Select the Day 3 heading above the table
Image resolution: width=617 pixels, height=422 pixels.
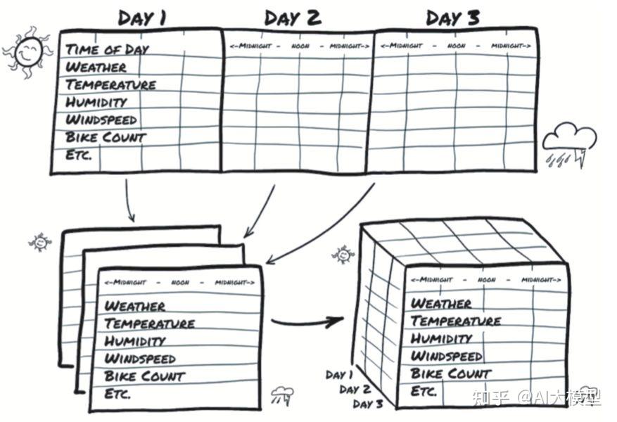pos(453,18)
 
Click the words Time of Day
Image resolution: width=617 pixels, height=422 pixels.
pos(108,49)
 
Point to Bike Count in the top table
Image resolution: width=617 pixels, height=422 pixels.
pos(106,137)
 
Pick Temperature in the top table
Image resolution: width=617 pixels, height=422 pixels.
pos(110,84)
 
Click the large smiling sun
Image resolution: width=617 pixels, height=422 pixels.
pos(27,53)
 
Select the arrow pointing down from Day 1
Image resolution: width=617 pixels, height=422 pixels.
pos(129,200)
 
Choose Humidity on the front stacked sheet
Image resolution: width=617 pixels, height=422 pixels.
pos(136,341)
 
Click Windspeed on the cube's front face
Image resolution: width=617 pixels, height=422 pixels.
pos(447,356)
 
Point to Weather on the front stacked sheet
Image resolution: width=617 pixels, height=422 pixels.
pos(135,306)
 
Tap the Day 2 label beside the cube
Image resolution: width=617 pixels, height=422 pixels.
pos(355,390)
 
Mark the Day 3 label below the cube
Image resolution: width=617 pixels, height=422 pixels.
pos(368,404)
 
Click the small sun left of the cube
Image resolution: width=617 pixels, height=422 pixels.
pos(343,254)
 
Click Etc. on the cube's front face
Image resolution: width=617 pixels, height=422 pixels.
pos(424,391)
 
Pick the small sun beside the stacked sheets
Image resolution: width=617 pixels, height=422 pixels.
pos(40,243)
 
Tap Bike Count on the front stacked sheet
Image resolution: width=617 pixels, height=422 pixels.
pos(144,376)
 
